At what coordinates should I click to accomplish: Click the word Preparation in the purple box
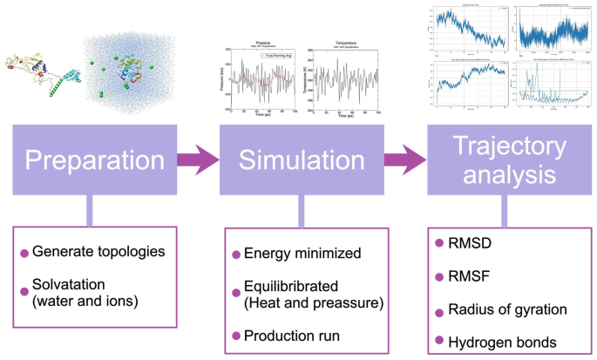(94, 161)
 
